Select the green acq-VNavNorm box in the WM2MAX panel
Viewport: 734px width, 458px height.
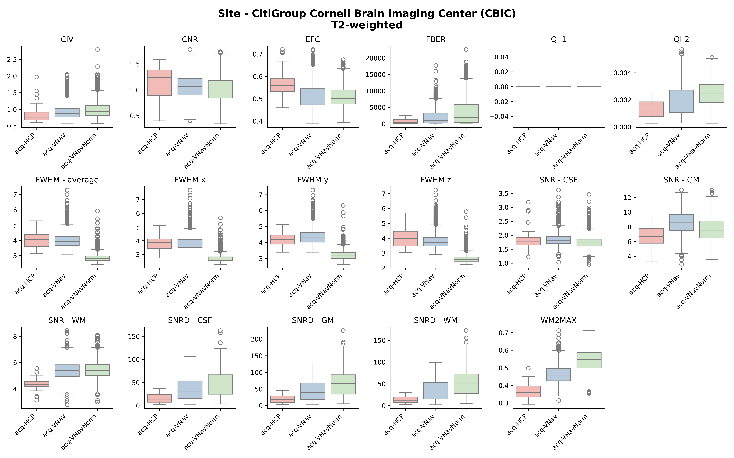coord(589,360)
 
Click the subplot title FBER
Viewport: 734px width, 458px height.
coord(436,40)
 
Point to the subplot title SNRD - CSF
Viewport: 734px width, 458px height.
coord(190,320)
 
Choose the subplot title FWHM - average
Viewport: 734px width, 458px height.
coord(67,180)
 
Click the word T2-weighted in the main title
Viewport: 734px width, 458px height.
coord(367,25)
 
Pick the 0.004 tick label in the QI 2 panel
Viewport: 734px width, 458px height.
coord(622,73)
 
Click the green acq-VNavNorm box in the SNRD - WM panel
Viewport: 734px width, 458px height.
coord(466,384)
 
